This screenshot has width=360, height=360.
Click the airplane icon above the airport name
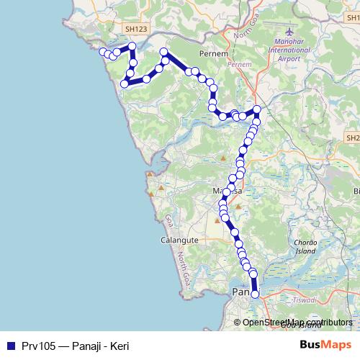290,34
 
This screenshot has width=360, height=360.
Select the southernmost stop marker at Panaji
254,294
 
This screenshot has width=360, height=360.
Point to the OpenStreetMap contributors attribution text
297,323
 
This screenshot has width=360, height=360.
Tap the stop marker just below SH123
132,47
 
